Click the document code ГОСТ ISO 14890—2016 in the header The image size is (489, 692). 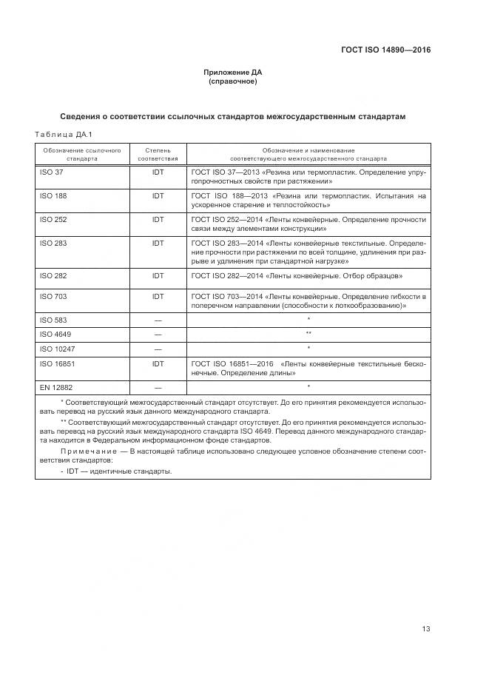coord(385,50)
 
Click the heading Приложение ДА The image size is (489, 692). coord(233,73)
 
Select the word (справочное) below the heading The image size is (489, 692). coord(233,81)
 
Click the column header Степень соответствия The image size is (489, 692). coord(158,154)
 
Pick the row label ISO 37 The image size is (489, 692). coord(50,172)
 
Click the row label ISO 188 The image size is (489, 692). coord(53,195)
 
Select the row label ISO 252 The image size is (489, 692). coord(53,219)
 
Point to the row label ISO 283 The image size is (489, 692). coord(53,243)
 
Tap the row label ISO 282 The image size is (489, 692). coord(53,275)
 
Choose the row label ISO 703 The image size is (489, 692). coord(53,296)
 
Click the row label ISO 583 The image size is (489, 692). coord(53,320)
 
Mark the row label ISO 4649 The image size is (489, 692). coord(54,334)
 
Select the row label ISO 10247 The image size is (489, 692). coord(56,348)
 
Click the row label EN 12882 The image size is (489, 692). coord(55,386)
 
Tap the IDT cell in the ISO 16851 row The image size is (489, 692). coord(158,363)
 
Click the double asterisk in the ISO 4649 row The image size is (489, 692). coord(308,334)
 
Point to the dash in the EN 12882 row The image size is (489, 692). coord(158,386)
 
